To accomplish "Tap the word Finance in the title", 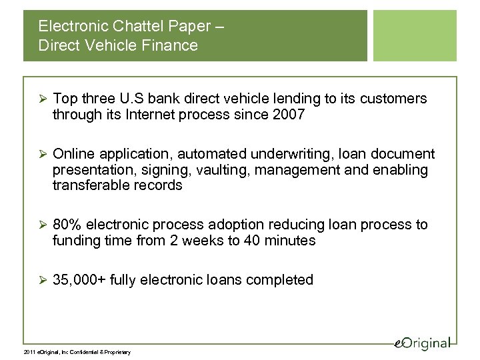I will point(171,46).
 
